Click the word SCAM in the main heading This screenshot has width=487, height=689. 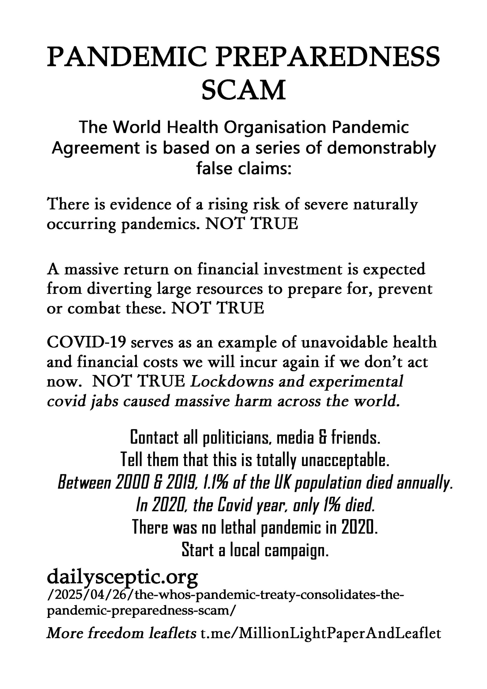pos(243,90)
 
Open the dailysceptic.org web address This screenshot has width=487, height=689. pos(122,577)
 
